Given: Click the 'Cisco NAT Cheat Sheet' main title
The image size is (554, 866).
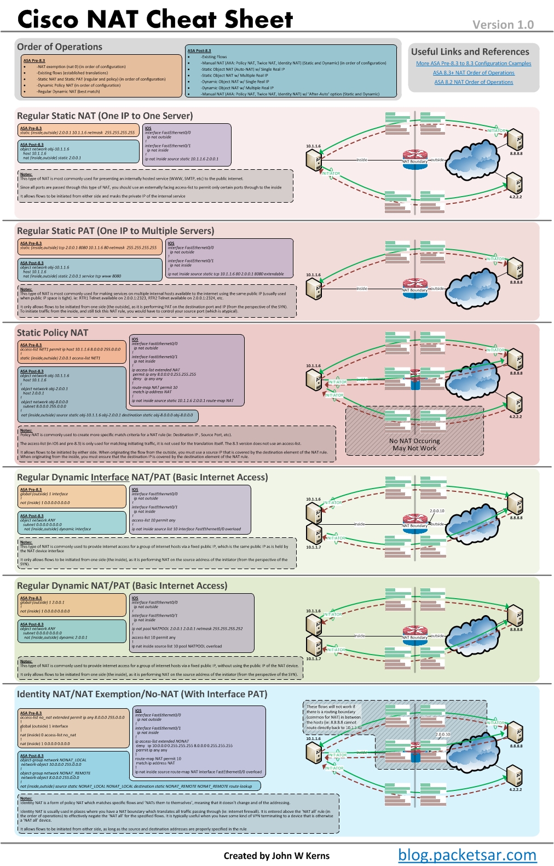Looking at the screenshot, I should pos(155,19).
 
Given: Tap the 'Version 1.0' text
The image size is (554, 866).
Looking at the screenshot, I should pos(503,25).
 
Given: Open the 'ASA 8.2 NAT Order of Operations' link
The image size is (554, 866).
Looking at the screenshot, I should pos(474,82).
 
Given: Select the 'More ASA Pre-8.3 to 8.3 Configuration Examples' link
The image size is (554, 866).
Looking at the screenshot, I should pos(474,64).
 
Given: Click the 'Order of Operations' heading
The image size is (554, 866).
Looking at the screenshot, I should pos(59,47).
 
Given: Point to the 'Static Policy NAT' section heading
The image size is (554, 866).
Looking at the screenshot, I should pos(52,332).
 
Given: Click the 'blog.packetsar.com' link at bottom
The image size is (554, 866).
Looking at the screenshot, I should pos(466,854).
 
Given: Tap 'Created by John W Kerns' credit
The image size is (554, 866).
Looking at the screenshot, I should pos(276,856).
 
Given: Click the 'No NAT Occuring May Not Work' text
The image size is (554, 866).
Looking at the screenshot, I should pos(414,444).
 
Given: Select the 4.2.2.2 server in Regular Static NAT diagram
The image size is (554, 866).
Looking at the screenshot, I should pos(514,183).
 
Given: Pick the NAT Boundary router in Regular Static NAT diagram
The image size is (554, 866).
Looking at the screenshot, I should pos(414,158).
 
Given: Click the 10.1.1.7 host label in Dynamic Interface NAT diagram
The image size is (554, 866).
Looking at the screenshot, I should pos(313,547).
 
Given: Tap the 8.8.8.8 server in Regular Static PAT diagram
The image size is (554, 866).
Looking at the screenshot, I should pos(515,268).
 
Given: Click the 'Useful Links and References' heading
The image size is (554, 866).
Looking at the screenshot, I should pos(470,52).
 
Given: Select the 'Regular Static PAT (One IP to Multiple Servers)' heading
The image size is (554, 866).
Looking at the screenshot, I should pos(115,231).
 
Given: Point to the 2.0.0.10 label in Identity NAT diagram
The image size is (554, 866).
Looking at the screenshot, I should pos(442,735).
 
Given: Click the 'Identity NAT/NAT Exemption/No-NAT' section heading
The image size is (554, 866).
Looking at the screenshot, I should pos(142,694).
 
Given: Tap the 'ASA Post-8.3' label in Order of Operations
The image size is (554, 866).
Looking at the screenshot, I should pos(199,50).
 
